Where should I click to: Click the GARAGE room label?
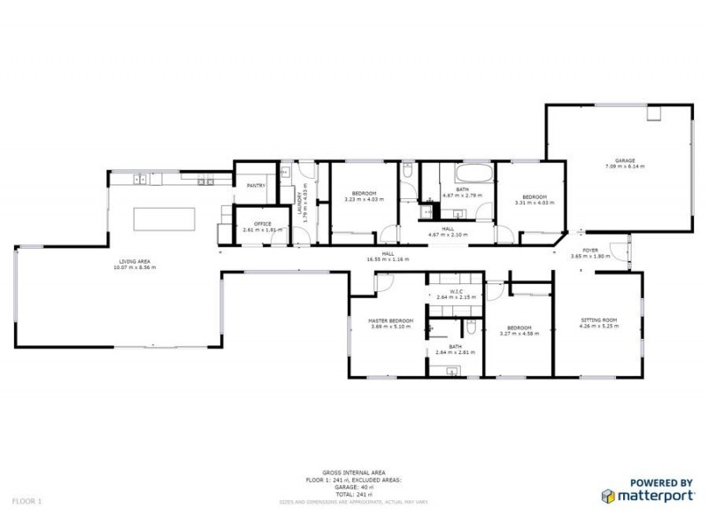point(624,160)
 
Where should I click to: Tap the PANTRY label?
point(256,186)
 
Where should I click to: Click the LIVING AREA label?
point(137,262)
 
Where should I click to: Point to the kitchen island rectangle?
point(164,219)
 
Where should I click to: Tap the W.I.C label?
point(456,291)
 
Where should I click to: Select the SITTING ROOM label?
point(599,320)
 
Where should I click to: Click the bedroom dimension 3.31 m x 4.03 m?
point(535,203)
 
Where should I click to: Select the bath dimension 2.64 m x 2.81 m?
point(456,352)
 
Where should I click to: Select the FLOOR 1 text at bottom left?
point(27,501)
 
